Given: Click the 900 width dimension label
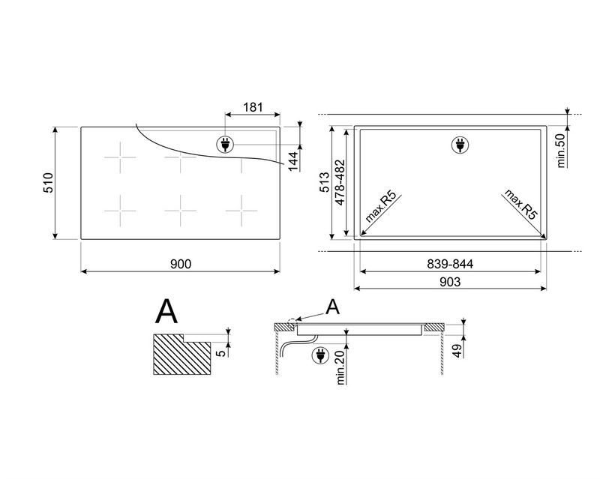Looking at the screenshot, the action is point(180,264).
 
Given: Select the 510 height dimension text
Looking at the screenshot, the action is point(49,183).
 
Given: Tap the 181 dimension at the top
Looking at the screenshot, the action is point(253,107).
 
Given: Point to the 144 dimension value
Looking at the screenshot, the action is point(292,161).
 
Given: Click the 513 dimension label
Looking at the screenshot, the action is point(324,182).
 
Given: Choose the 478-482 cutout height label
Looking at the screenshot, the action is point(340,182).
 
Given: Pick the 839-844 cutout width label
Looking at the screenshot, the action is point(450,264).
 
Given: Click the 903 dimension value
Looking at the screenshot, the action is point(450,282).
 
